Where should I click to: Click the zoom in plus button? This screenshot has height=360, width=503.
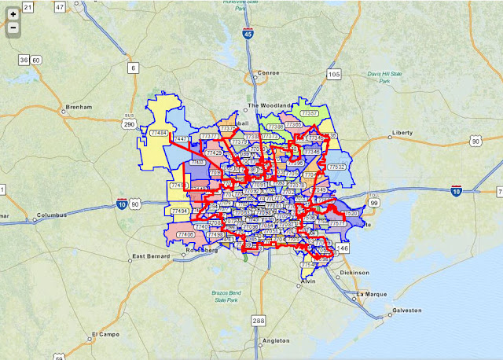[13, 14]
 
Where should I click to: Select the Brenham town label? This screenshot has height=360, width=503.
[79, 107]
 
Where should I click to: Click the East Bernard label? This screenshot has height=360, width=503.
[152, 256]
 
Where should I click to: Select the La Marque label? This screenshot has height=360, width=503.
[373, 294]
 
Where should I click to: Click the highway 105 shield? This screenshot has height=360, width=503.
[334, 75]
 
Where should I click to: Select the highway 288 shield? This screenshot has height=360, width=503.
[259, 321]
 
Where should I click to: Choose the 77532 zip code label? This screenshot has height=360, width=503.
[337, 167]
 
